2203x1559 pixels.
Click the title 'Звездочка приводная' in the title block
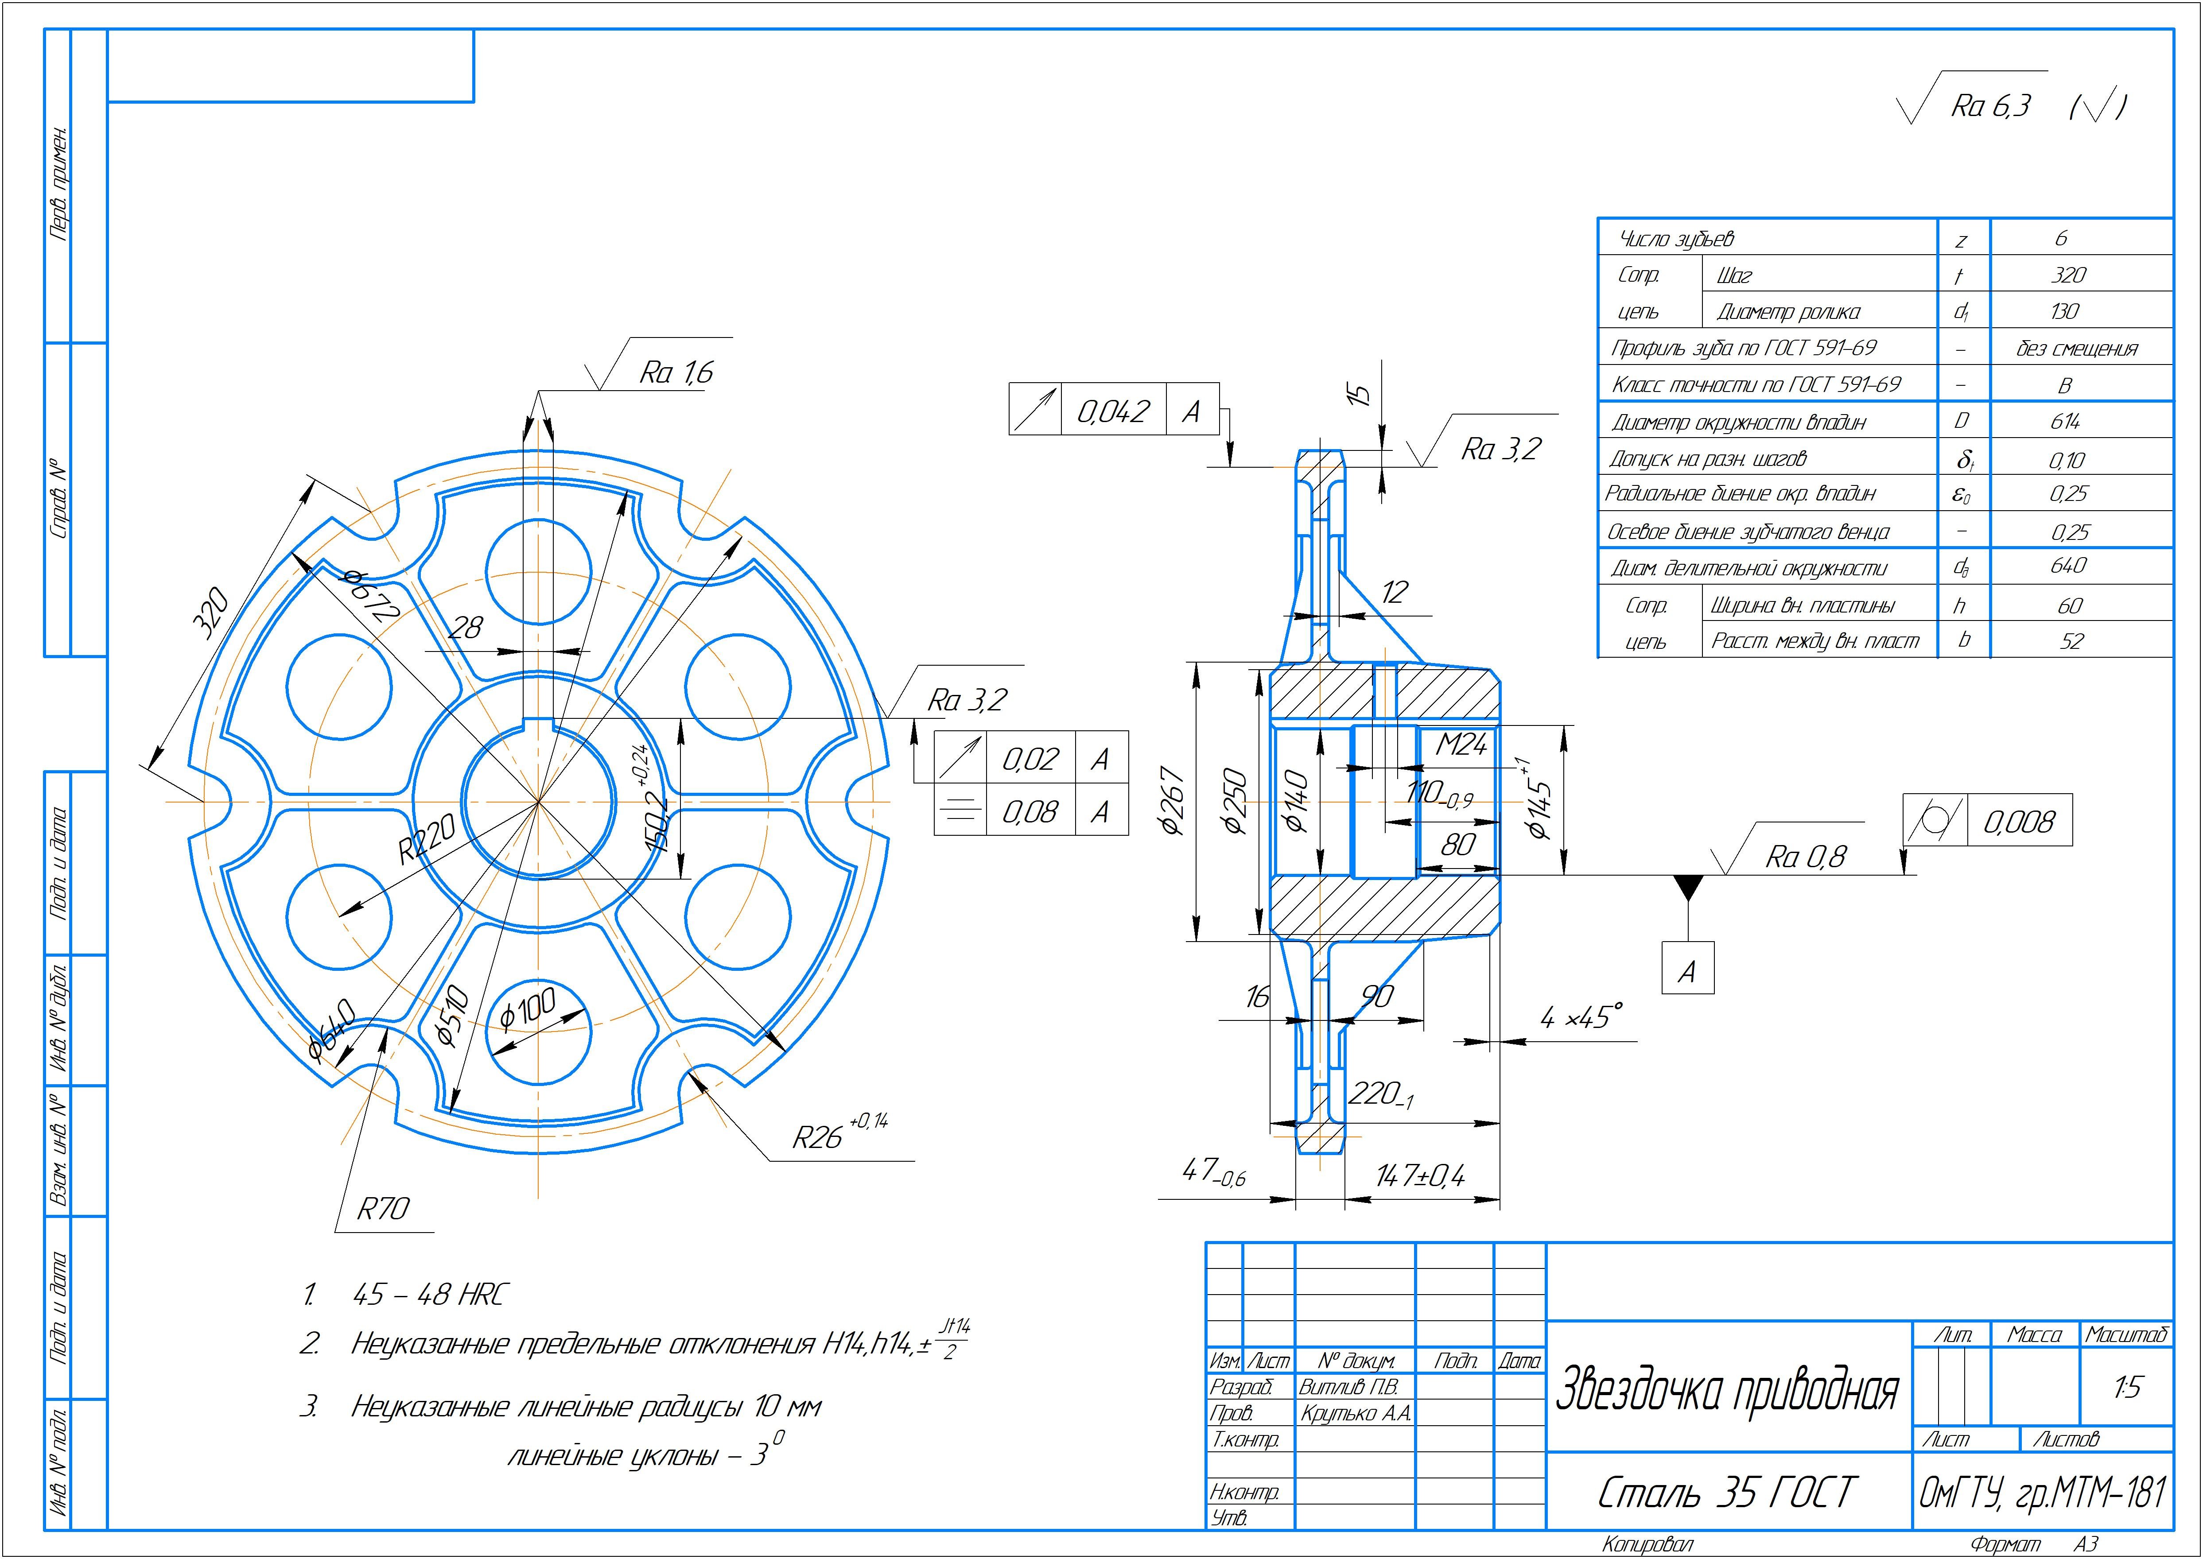tap(1726, 1389)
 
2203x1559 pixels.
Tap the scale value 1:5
tap(2126, 1387)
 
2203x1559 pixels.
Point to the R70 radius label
tap(383, 1209)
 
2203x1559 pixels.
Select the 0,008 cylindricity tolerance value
tap(2019, 822)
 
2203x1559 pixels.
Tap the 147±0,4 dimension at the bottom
tap(1420, 1176)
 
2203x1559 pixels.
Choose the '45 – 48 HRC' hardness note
tap(428, 1295)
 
